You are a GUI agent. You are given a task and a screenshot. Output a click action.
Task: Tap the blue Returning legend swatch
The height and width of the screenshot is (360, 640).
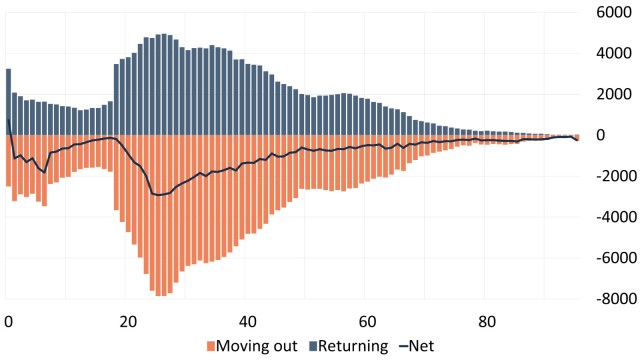316,347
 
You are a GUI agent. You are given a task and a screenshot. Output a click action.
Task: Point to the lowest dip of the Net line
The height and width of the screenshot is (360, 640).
158,195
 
